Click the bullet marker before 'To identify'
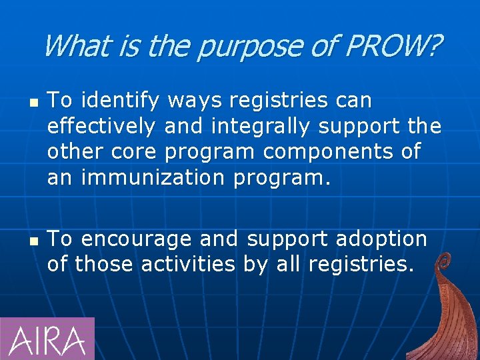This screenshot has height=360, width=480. [32, 102]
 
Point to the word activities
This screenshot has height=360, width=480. [189, 265]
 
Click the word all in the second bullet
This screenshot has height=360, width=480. [288, 265]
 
